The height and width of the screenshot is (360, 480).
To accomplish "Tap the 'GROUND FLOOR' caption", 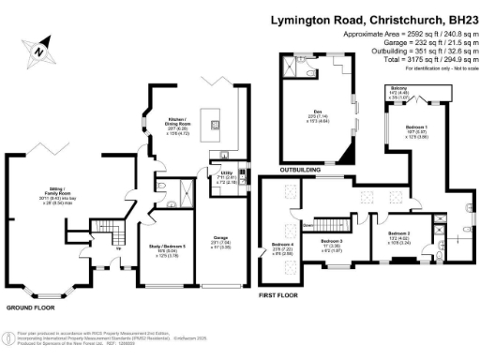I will [27, 307].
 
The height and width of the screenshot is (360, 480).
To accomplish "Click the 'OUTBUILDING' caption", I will [300, 171].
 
